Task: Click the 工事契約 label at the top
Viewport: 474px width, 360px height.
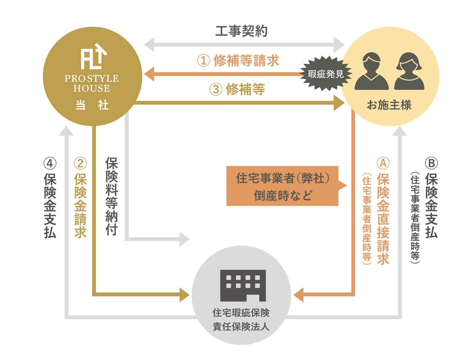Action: coord(241,31)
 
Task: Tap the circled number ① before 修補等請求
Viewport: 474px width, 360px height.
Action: coord(204,61)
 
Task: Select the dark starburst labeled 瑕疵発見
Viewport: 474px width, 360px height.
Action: coord(326,74)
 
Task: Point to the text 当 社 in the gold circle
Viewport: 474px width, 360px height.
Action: coord(92,105)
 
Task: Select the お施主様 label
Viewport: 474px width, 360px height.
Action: coord(389,105)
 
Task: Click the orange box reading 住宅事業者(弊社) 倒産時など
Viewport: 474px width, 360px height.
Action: coord(282,186)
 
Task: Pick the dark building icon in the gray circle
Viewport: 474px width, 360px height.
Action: coord(243,285)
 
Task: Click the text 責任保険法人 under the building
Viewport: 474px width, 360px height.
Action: coord(241,327)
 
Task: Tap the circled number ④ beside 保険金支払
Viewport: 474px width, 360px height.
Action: coord(50,163)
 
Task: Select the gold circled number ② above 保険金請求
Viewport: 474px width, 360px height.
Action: coord(80,163)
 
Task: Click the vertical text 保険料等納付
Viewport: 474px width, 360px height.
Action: coord(111,196)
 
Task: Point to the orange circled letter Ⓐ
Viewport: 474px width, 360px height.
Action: coord(383,163)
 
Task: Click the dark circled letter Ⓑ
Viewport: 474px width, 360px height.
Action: coord(431,163)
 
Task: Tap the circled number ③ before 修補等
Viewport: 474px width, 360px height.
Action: coord(216,89)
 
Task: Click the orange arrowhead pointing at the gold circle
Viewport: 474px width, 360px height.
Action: coord(149,74)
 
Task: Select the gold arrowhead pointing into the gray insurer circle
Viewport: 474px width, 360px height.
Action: coord(184,295)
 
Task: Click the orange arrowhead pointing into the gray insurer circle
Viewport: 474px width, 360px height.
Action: coord(299,295)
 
